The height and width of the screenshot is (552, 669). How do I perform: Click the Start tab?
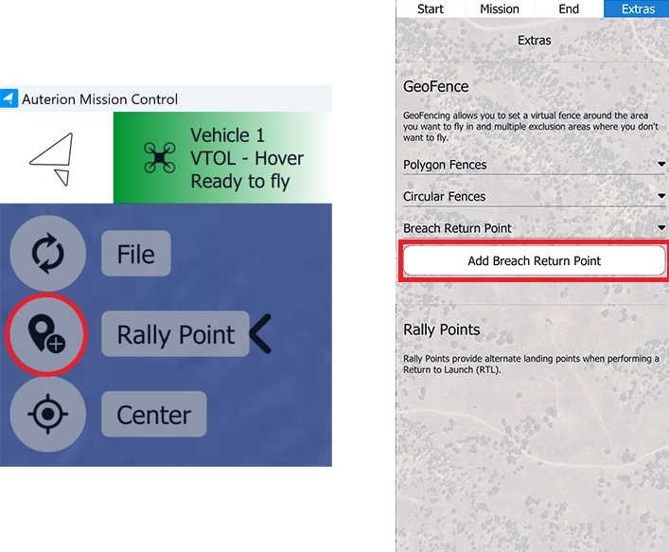coord(430,9)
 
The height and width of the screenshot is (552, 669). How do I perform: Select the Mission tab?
coord(500,9)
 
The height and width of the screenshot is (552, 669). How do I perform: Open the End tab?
coord(569,9)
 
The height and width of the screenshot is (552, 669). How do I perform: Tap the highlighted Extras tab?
coord(638,9)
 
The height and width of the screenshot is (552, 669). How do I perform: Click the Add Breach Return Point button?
coord(535,260)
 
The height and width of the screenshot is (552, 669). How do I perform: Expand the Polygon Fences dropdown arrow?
coord(661,164)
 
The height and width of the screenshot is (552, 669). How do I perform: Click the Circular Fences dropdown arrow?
coord(661,196)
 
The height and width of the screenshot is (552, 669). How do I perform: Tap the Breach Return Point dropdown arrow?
coord(661,227)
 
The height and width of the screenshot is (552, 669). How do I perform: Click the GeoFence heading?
coord(435,87)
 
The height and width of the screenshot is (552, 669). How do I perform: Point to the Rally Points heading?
coord(442,329)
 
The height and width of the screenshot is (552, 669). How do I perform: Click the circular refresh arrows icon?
coord(47,253)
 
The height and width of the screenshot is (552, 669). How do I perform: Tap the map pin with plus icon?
coord(46,334)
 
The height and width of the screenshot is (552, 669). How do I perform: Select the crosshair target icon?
coord(47,414)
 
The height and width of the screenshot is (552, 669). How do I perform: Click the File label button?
coord(136,254)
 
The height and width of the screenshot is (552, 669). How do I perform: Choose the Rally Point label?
coord(175,334)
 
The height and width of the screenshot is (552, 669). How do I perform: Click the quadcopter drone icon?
coord(159,158)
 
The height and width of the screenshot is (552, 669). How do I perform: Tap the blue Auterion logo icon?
coord(9,98)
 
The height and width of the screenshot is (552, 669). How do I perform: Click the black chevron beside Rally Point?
coord(260,334)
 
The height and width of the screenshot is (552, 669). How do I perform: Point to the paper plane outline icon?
coord(52,159)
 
